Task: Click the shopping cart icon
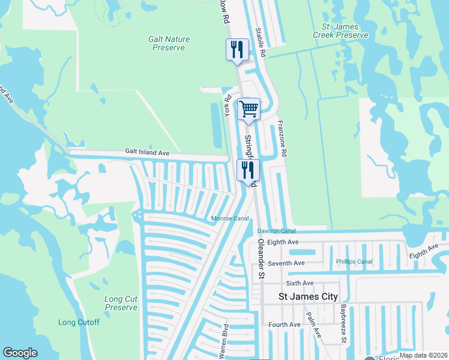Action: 249,110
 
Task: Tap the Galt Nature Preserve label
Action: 169,43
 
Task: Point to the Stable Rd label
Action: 260,42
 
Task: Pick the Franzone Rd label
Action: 282,140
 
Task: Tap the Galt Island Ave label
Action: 147,153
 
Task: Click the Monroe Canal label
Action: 229,218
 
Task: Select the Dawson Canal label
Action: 277,231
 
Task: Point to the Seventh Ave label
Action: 286,263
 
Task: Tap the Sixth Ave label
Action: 300,283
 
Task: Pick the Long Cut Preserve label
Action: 121,303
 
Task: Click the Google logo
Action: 20,353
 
